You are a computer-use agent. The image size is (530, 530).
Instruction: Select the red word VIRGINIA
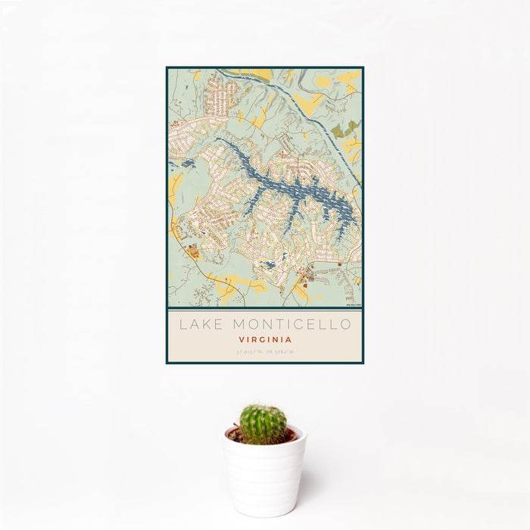coord(264,340)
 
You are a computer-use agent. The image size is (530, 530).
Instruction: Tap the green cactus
coord(263,424)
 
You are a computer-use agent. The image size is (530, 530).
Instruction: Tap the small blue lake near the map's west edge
coord(185,163)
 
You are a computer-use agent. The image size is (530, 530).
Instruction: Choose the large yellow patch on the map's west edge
coord(176,189)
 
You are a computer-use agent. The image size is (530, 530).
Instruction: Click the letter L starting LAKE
coord(182,325)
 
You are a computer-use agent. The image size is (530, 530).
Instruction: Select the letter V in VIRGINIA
coord(240,340)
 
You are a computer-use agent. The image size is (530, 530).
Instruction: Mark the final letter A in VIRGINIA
coord(289,340)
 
